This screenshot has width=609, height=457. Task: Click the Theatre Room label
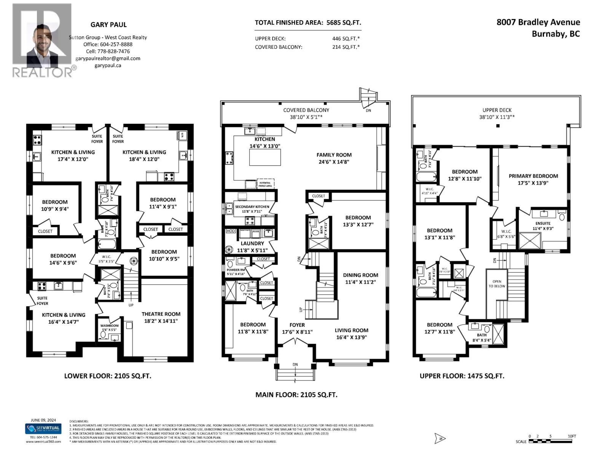pyautogui.click(x=161, y=314)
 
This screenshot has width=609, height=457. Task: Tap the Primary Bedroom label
pyautogui.click(x=533, y=176)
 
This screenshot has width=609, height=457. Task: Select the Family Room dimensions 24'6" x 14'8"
pyautogui.click(x=334, y=161)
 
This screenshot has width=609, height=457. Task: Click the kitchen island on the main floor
pyautogui.click(x=265, y=157)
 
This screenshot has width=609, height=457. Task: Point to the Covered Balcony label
pyautogui.click(x=306, y=110)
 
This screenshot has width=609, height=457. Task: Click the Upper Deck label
pyautogui.click(x=497, y=110)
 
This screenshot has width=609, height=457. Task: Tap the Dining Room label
pyautogui.click(x=360, y=275)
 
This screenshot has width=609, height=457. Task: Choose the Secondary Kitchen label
pyautogui.click(x=252, y=207)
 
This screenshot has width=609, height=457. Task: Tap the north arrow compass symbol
pyautogui.click(x=440, y=439)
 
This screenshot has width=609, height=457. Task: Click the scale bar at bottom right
pyautogui.click(x=550, y=441)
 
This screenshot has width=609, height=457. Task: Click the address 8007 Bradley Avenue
pyautogui.click(x=538, y=22)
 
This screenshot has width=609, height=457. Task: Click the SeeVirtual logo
pyautogui.click(x=43, y=428)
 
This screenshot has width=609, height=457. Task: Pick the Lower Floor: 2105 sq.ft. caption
pyautogui.click(x=108, y=376)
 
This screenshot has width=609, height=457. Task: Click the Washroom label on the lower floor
pyautogui.click(x=109, y=326)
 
